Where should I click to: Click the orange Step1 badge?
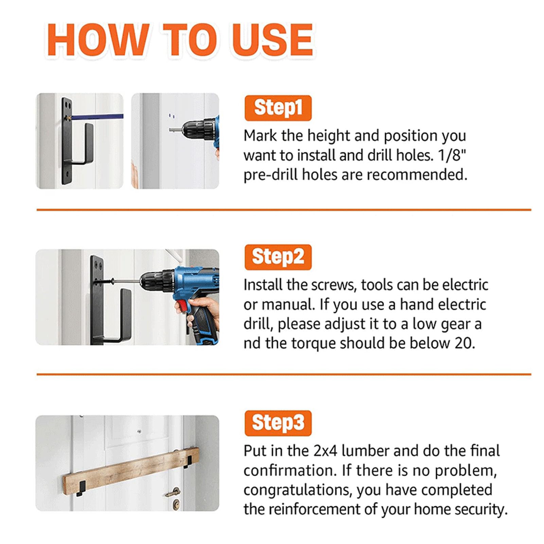[278, 108]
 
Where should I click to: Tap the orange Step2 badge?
[278, 257]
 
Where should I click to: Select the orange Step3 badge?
[278, 423]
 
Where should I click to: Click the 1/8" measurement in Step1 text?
[452, 155]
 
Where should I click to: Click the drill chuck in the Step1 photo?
[193, 129]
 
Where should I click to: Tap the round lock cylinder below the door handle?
[176, 504]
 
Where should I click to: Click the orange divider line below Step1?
[284, 210]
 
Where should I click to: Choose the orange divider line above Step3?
[284, 374]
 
